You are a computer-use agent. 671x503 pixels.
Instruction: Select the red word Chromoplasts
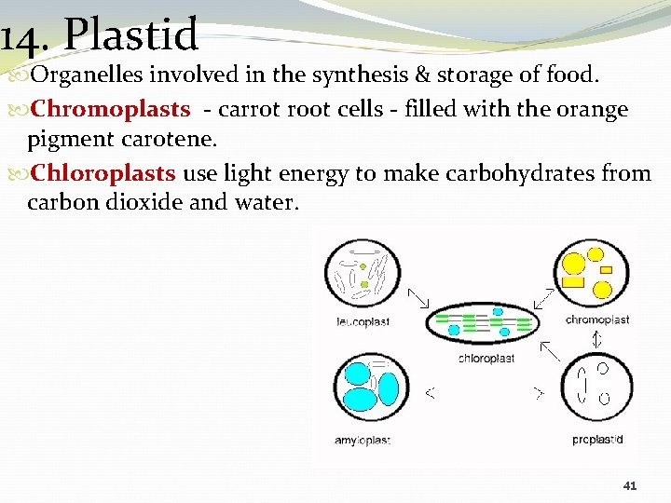110,110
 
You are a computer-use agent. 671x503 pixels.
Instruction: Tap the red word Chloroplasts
103,173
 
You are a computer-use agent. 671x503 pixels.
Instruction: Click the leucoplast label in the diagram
363,322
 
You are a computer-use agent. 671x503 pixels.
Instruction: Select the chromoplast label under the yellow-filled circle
597,319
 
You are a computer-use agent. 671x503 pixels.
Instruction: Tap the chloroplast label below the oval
486,359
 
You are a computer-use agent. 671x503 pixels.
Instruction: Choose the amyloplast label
363,440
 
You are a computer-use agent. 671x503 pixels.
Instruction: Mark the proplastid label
597,440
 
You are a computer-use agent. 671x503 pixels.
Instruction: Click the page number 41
630,485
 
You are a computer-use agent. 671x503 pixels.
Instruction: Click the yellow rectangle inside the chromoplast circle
574,280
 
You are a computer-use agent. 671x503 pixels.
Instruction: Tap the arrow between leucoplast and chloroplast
418,298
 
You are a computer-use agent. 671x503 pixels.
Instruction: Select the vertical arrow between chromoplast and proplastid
597,340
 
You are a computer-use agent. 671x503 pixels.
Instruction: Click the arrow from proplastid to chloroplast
551,350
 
